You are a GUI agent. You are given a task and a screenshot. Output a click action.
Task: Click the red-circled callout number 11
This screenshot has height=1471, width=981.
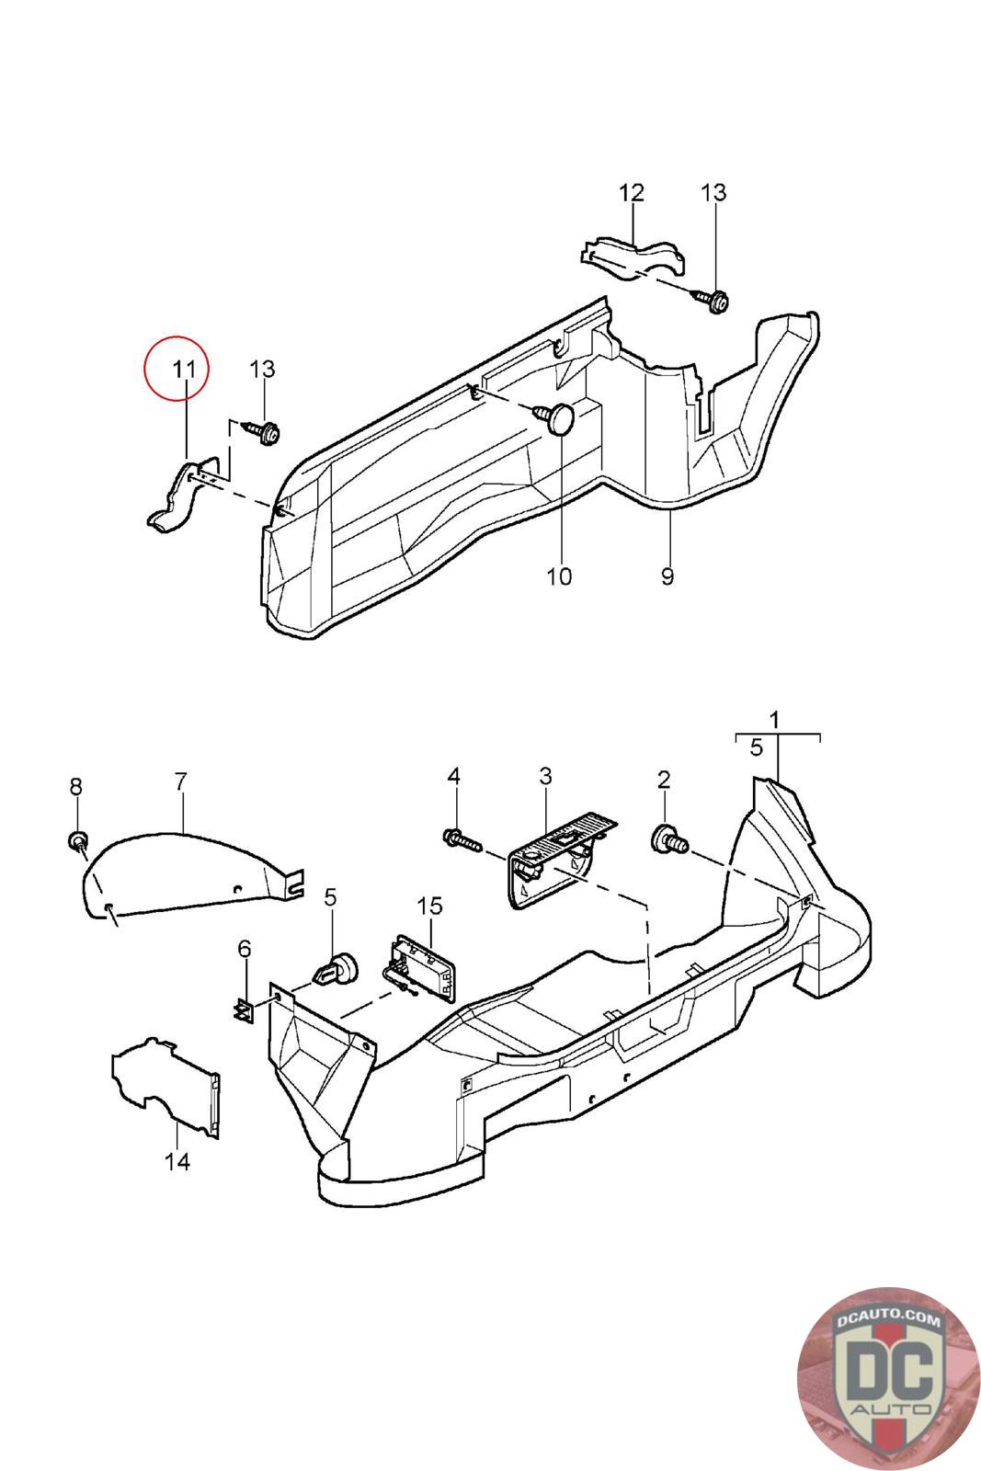click(x=184, y=370)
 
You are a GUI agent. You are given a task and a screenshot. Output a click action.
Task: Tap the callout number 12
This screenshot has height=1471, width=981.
click(x=632, y=193)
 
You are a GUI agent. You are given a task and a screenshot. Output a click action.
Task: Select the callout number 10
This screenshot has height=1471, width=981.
click(x=559, y=576)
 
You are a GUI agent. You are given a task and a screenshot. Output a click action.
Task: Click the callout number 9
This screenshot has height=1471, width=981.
click(x=667, y=576)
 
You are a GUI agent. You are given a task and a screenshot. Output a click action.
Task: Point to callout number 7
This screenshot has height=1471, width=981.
click(x=180, y=781)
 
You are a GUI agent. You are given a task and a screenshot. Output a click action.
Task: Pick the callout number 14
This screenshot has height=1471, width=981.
click(x=177, y=1162)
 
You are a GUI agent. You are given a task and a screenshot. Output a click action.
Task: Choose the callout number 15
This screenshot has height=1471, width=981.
click(x=429, y=907)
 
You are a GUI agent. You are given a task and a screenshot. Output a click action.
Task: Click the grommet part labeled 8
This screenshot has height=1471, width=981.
click(x=79, y=840)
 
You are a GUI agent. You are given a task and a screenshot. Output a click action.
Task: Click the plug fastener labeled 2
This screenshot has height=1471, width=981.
click(x=668, y=838)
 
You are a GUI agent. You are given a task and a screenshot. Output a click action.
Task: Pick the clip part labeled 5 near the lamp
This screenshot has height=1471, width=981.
click(x=337, y=968)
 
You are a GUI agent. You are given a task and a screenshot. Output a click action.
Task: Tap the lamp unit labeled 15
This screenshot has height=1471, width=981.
click(x=419, y=967)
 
